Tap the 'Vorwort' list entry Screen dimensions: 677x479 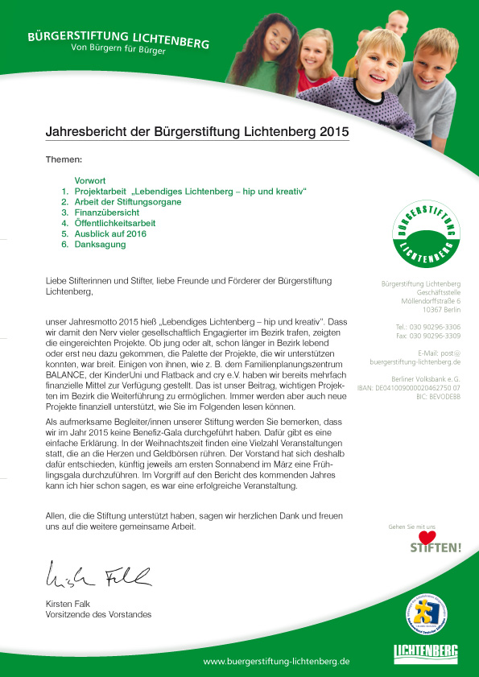(x=90, y=181)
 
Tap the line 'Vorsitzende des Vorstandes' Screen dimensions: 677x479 (x=98, y=615)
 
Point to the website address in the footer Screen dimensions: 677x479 (x=276, y=661)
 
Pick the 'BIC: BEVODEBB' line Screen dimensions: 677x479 (x=438, y=397)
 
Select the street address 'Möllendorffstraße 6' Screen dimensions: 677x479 (x=431, y=301)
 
